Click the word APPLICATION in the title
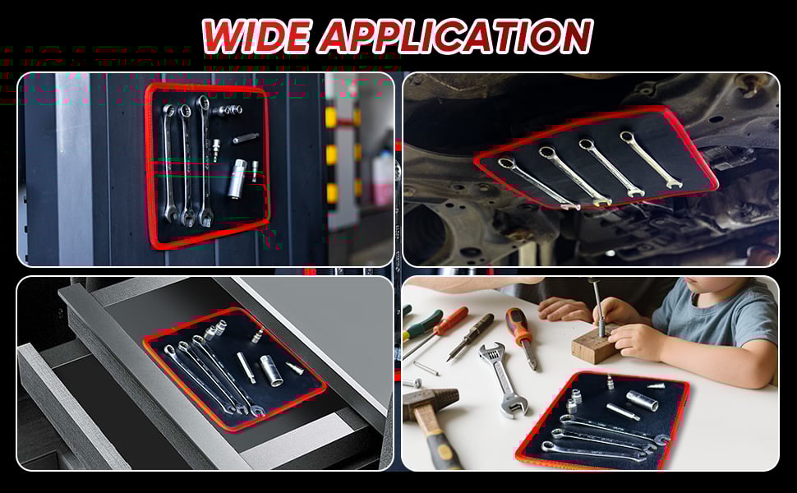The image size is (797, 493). tap(456, 36)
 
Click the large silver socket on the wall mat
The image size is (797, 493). tap(238, 179)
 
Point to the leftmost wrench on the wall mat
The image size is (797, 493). tap(169, 164)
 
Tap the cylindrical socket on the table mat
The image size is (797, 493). tap(642, 400)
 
